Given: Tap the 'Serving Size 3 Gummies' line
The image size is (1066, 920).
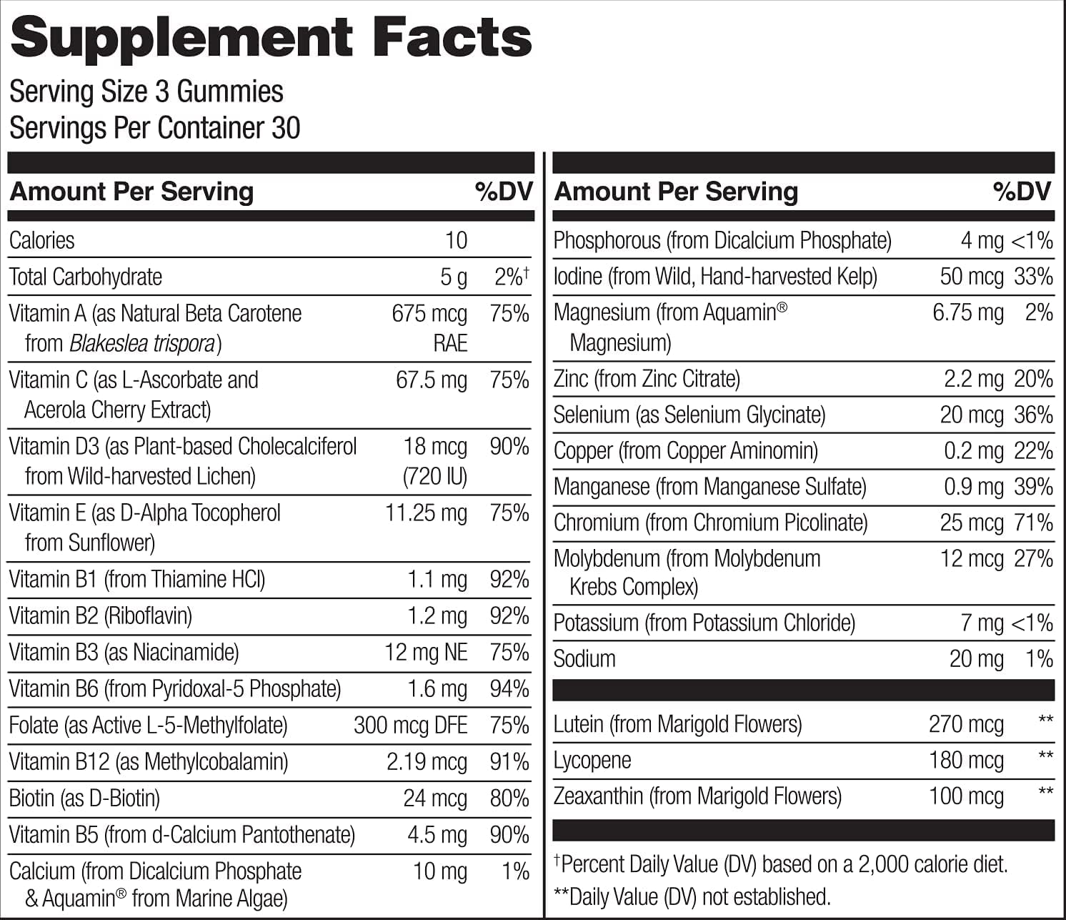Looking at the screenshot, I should click(x=146, y=91).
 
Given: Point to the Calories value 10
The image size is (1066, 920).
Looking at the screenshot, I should click(x=456, y=240).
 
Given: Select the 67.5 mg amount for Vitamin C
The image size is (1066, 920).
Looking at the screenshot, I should click(x=432, y=380).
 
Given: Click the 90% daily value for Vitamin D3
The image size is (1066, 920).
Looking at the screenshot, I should click(x=509, y=446).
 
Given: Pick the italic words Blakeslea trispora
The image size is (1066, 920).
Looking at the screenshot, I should click(x=142, y=344).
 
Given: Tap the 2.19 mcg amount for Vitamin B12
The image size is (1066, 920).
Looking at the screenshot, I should click(x=427, y=761).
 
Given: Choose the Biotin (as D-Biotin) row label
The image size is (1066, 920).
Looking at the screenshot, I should click(x=84, y=798).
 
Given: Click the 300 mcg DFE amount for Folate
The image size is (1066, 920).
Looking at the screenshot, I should click(x=410, y=725).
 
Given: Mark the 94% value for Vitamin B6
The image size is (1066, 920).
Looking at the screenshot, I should click(x=509, y=688).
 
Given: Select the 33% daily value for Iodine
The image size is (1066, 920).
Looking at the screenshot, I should click(x=1033, y=277).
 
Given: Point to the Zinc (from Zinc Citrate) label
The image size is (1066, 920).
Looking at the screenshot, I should click(x=647, y=379).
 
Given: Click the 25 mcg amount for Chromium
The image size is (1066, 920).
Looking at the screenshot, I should click(x=971, y=523).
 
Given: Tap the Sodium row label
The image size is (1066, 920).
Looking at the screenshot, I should click(x=584, y=658).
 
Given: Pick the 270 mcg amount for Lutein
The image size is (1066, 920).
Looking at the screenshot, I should click(x=966, y=724).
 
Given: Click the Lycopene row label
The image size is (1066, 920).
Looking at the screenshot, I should click(x=592, y=760).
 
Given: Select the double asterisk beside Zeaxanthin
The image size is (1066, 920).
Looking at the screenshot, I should click(x=1045, y=792).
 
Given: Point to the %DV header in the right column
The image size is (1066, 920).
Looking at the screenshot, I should click(x=1022, y=191).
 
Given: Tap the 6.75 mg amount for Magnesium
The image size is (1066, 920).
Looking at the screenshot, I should click(x=967, y=312).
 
